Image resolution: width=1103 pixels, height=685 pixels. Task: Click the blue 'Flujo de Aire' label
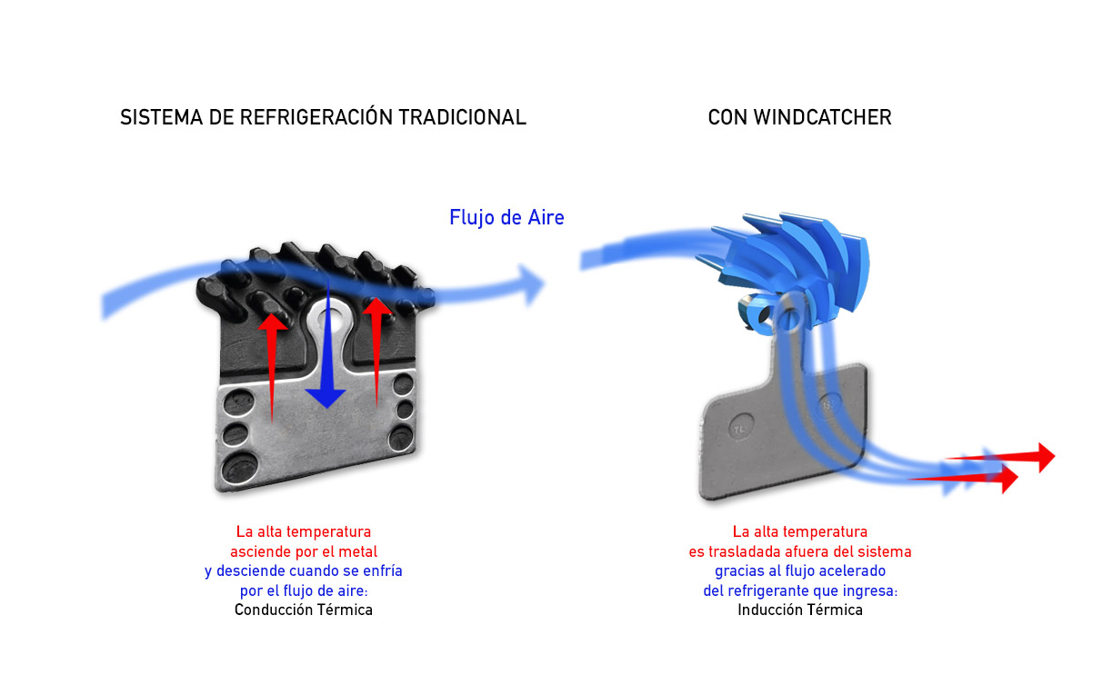(506, 218)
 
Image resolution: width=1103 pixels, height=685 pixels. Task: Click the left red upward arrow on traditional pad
(270, 363)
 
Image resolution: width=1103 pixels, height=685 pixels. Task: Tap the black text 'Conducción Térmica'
(303, 611)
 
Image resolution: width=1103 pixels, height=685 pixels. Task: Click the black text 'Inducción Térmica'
(799, 611)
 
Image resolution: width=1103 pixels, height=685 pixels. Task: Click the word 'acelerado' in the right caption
(854, 571)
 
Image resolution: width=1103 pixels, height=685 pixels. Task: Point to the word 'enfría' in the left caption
(381, 571)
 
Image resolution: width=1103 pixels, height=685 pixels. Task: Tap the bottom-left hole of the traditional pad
(237, 469)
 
